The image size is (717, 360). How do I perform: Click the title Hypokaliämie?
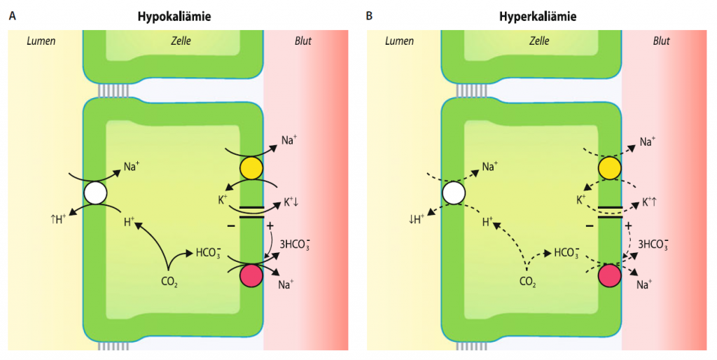174,17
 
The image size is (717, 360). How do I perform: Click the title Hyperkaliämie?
537,17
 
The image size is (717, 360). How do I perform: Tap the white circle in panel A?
95,193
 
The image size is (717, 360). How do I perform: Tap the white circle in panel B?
454,193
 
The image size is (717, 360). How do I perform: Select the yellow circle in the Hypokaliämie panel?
251,168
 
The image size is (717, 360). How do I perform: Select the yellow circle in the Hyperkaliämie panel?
610,168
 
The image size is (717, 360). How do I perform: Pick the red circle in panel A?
251,276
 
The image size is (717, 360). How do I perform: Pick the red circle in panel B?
610,276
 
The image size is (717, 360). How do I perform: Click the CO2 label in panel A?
169,282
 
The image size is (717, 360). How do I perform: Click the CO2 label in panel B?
528,282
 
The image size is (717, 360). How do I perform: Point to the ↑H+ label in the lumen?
59,219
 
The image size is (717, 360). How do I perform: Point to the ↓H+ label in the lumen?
417,219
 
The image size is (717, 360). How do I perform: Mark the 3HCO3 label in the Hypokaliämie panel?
295,244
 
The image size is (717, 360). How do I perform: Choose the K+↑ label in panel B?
649,202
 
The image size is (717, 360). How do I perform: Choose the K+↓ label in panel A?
291,202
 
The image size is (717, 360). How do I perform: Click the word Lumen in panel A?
41,41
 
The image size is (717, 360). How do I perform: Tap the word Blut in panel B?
662,41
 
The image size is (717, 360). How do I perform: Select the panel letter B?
369,17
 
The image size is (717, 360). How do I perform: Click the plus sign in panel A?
270,226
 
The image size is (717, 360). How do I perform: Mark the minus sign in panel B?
590,226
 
